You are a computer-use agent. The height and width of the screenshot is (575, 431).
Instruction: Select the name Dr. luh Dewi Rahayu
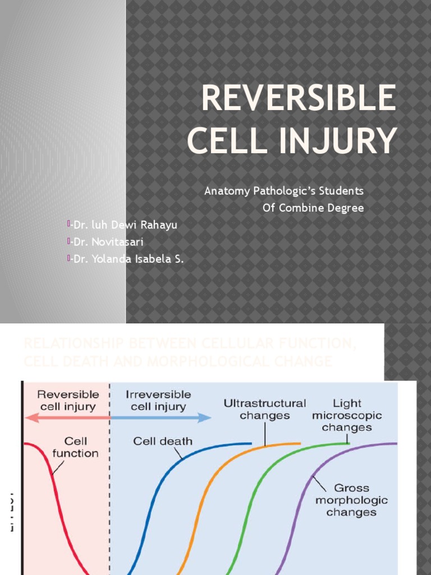click(125, 225)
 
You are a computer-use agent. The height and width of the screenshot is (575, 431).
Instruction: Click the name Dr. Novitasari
click(107, 242)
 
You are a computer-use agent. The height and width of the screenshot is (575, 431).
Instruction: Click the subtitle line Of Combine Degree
click(313, 208)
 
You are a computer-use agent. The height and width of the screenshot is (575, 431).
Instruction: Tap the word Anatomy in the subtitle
click(226, 191)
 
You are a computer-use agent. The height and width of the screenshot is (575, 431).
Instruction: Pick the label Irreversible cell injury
click(158, 400)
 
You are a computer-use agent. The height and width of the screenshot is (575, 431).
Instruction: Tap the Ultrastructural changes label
click(264, 409)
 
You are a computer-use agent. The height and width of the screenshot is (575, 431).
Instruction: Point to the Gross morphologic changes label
click(351, 500)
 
